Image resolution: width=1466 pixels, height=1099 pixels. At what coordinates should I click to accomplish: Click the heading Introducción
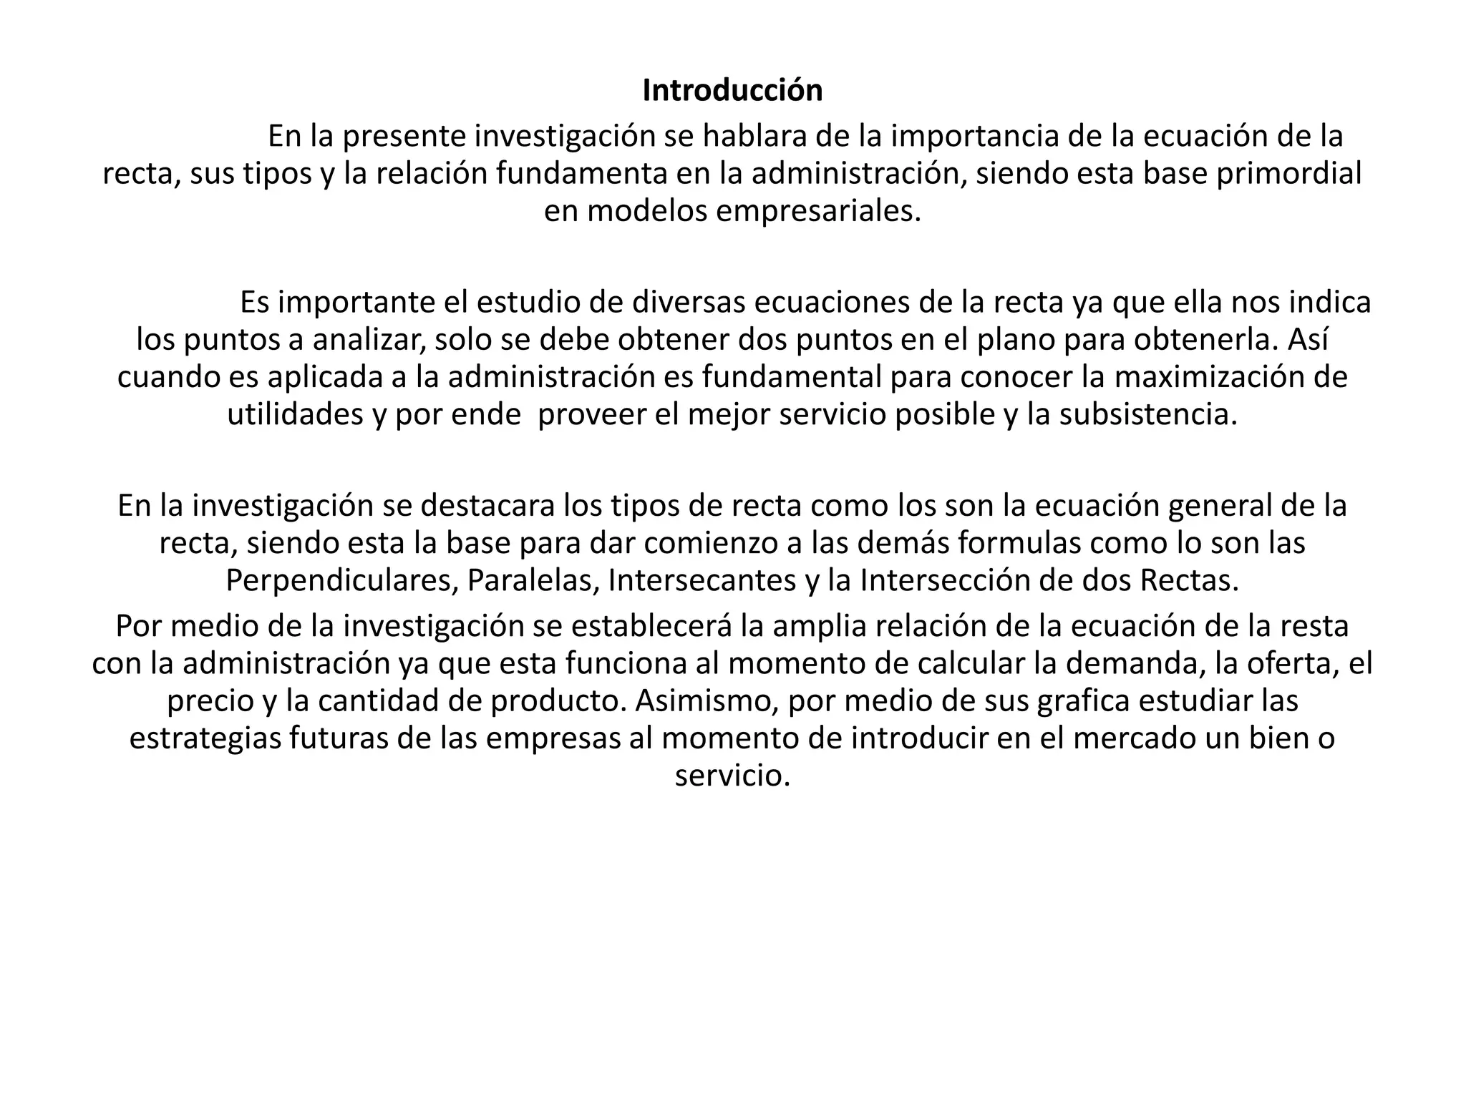pos(732,91)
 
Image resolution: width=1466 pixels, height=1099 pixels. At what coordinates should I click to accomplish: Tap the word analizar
pos(369,340)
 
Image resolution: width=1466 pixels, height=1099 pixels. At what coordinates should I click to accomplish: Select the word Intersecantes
pos(702,580)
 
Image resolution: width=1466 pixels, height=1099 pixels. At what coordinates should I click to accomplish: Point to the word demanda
pos(1131,664)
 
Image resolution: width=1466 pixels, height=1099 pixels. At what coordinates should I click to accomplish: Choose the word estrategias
pos(205,738)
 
